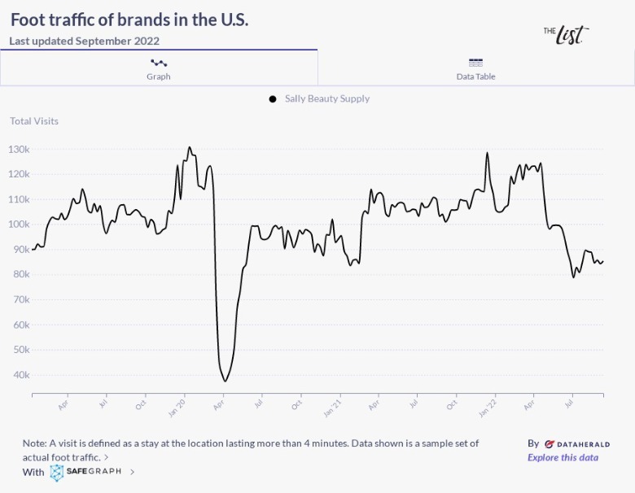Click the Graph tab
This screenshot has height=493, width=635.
pos(159,68)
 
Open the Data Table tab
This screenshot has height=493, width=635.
pos(475,68)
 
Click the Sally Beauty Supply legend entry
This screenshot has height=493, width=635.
pos(326,99)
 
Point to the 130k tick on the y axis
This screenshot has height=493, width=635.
pos(19,150)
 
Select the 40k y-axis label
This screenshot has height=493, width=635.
pos(20,375)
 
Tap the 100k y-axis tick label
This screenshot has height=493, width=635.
pos(19,225)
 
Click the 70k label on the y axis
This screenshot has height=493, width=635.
pos(20,300)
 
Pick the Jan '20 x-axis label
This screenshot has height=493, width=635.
pos(177,407)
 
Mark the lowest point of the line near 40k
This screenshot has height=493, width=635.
pos(225,381)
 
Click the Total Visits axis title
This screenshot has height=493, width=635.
pos(34,121)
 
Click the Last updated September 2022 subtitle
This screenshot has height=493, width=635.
pos(85,41)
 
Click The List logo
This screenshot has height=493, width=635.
pos(566,34)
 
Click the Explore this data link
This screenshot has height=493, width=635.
pos(563,457)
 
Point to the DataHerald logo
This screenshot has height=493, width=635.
pos(576,444)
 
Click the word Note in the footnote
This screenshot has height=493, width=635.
pos(35,443)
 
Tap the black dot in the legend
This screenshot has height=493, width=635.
pos(273,99)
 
